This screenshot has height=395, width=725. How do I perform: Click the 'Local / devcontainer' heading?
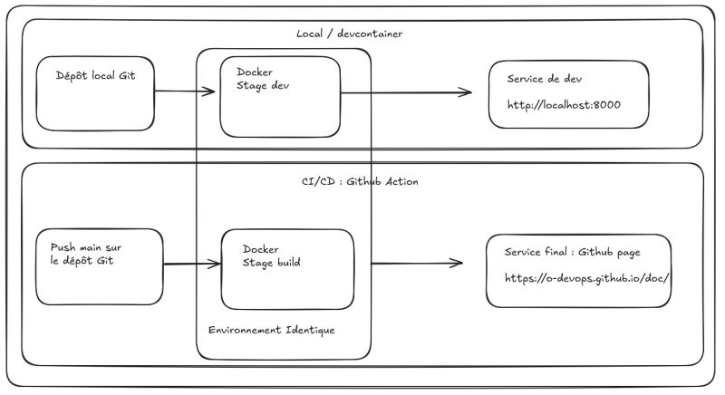349,34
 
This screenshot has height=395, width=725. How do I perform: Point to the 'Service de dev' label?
545,79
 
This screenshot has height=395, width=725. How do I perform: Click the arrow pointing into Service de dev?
408,92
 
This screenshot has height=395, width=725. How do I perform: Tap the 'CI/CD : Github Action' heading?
360,181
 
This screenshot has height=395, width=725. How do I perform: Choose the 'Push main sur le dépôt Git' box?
99,266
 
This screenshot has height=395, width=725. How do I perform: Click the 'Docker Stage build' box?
287,269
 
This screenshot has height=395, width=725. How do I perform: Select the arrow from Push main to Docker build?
192,265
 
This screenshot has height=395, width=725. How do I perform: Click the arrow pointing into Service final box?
417,264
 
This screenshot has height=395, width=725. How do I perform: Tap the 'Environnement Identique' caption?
272,330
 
